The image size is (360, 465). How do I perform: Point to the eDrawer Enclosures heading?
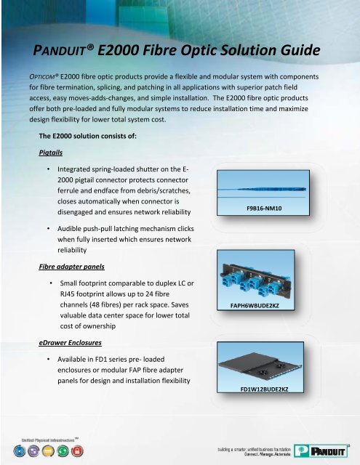tap(73, 340)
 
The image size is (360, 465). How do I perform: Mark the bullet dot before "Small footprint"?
tap(51, 281)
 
